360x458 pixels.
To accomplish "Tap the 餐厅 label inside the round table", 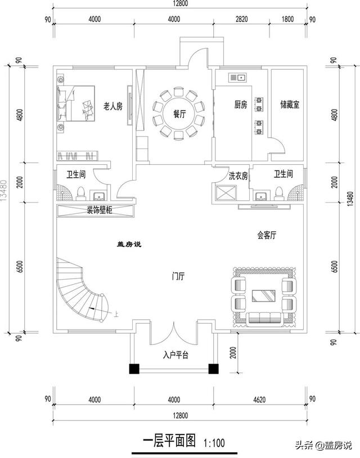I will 179,113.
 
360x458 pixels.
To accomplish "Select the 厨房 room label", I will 240,105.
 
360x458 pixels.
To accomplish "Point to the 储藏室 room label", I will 289,105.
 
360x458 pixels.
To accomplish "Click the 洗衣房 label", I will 238,175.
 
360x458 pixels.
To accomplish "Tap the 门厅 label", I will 179,277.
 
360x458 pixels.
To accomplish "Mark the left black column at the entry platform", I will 134,369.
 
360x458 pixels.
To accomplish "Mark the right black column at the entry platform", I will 214,369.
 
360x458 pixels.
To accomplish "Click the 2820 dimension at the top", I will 240,19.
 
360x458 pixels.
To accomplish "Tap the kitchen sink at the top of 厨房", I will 236,77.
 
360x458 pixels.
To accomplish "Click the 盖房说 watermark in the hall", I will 128,244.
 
